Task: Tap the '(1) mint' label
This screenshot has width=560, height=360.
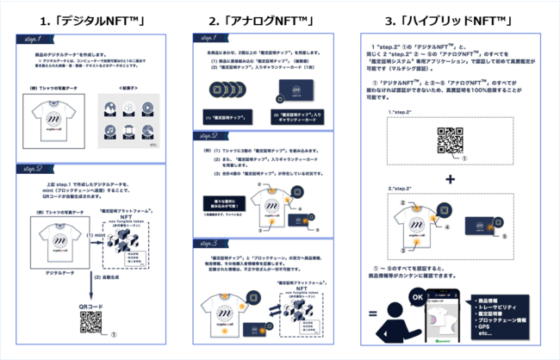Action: tap(96, 234)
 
